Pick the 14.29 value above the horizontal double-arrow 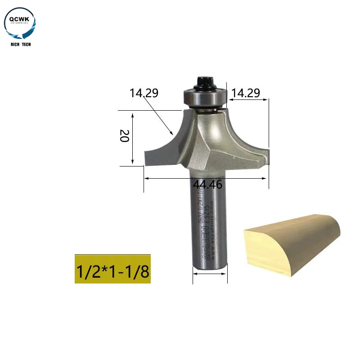tap(245, 93)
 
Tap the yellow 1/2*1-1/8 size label tap(112, 269)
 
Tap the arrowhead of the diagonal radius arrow tap(171, 133)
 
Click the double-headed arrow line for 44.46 tap(171, 179)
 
